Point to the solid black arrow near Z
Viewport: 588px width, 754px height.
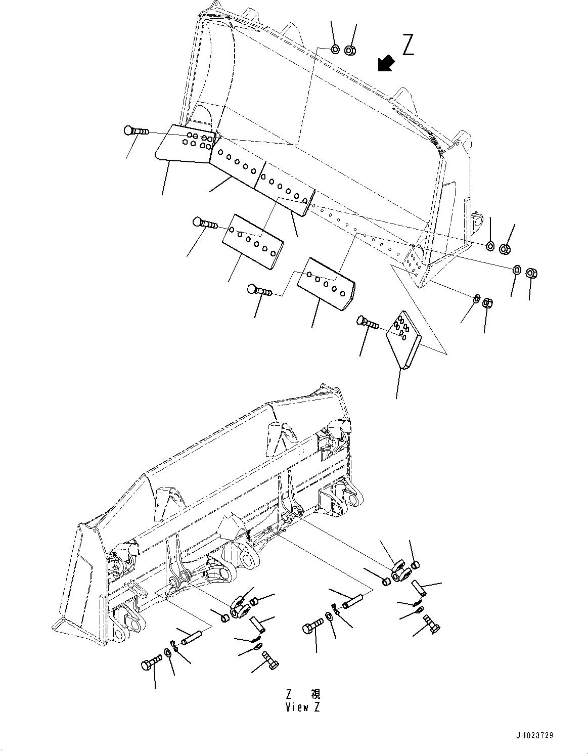(386, 64)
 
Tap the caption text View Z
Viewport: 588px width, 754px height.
(302, 707)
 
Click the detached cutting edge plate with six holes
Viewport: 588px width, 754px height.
(251, 240)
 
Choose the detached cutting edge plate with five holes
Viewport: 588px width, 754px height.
(326, 284)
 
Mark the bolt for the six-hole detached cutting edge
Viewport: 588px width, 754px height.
(205, 223)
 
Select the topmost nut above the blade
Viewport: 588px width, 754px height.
(350, 50)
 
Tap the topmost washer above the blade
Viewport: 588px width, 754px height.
(335, 49)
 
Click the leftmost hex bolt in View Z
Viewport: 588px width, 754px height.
(151, 662)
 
